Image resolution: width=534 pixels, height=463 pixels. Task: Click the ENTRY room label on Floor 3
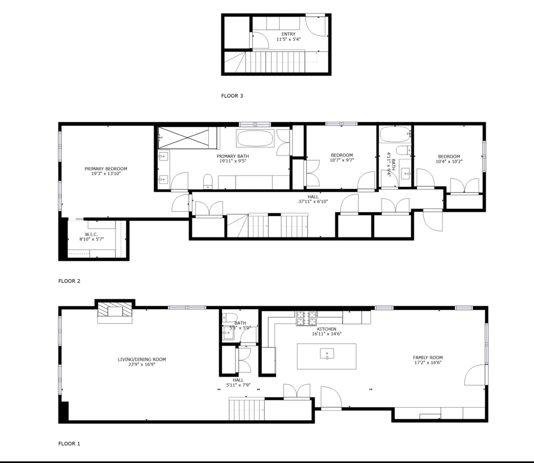[x=288, y=34]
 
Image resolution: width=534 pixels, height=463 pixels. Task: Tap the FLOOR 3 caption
[x=232, y=96]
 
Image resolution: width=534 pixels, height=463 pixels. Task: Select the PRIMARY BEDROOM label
[x=106, y=169]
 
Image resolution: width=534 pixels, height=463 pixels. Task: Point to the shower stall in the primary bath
[x=187, y=138]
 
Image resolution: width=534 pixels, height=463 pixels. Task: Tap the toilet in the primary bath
[x=208, y=180]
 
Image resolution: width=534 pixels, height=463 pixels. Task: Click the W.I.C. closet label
[x=91, y=235]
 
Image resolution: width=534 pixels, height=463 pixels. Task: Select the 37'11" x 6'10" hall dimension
[x=313, y=201]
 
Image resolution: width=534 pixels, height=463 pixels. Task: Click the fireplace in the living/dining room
[x=114, y=312]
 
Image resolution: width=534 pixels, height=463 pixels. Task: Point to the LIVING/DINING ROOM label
[x=141, y=360]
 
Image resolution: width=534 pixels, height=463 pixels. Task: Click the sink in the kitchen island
[x=327, y=354]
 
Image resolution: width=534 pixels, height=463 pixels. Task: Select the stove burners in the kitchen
[x=306, y=318]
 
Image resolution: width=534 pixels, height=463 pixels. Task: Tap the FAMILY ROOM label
[x=428, y=358]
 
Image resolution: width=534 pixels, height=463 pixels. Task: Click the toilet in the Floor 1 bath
[x=228, y=318]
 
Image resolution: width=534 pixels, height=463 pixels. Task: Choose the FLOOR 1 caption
[x=69, y=444]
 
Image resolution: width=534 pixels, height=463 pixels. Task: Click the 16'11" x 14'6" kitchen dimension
[x=327, y=334]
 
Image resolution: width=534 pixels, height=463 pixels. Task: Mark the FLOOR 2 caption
[x=69, y=281]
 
